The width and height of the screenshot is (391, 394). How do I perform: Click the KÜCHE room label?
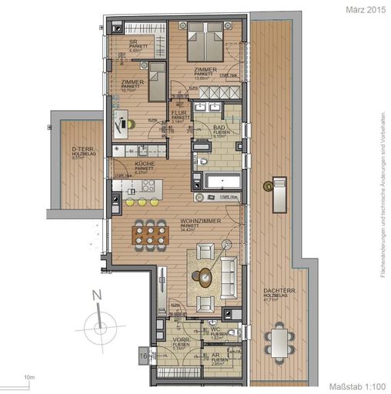[x=125, y=165]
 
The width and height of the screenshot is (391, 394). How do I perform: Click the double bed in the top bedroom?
[x=205, y=37]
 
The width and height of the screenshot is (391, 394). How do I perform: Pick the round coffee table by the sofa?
[x=204, y=281]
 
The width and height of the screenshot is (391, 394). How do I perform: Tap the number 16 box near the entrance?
[x=143, y=356]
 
